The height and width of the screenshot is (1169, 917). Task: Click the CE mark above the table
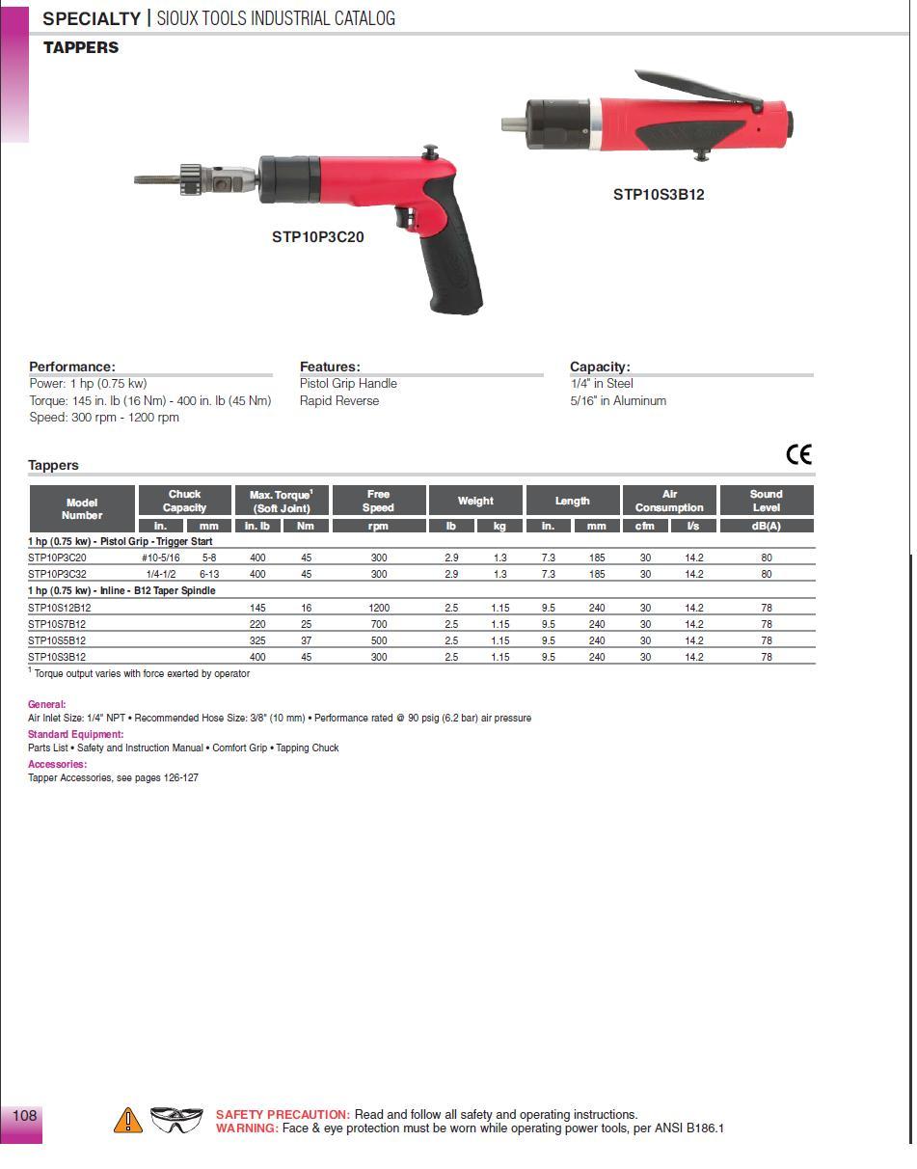[798, 454]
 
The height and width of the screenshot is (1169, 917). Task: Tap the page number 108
[24, 1115]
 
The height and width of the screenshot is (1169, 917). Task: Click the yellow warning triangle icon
[127, 1120]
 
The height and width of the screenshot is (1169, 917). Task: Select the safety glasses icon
[176, 1119]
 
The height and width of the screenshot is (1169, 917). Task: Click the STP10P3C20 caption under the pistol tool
[317, 236]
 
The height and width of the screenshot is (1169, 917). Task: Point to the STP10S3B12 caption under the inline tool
[659, 194]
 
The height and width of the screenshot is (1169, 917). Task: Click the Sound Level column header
[766, 501]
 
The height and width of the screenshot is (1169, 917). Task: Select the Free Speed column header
[378, 501]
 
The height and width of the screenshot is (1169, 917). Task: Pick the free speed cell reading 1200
[378, 608]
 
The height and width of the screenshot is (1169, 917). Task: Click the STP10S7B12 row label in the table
[57, 624]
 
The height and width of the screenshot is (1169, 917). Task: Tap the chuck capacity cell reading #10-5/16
[161, 557]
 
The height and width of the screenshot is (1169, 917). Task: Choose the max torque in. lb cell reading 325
[257, 640]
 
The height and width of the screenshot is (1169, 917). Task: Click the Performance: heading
[72, 367]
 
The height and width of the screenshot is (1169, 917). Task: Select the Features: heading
[330, 367]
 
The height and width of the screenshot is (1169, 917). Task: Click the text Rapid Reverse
[339, 401]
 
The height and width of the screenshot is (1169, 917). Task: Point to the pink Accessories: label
[57, 764]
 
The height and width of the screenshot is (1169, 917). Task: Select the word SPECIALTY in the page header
[92, 18]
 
